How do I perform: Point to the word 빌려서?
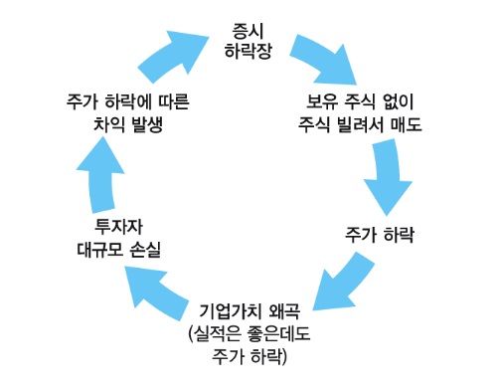pos(361,126)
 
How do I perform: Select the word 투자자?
pos(119,224)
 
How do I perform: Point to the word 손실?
pos(146,249)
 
